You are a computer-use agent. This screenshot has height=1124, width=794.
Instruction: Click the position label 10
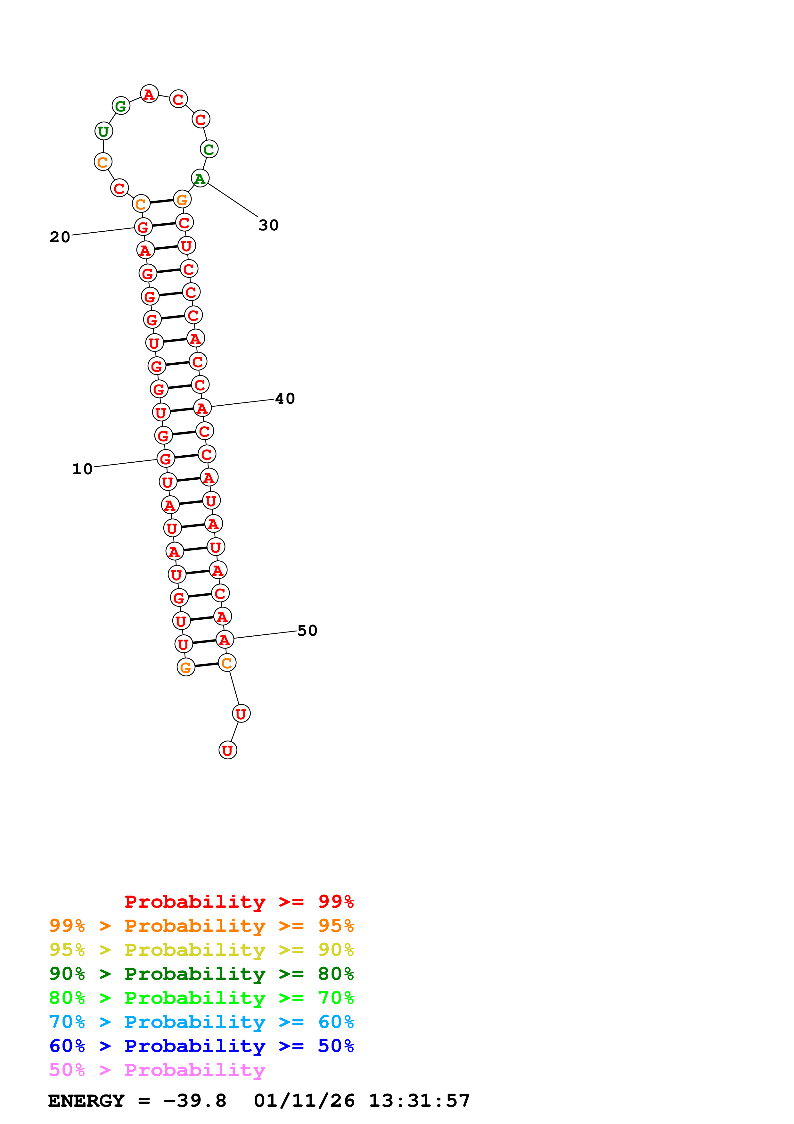tap(82, 469)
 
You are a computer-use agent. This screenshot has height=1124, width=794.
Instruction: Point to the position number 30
tap(269, 225)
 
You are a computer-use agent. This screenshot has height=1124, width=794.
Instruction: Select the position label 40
tap(285, 399)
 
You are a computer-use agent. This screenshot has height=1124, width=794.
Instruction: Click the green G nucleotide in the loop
tap(121, 106)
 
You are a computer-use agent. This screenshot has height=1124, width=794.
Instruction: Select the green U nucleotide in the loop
tap(103, 131)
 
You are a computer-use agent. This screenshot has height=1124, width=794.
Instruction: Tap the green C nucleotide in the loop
tap(209, 149)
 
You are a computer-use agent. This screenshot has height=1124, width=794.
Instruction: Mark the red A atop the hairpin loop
tap(149, 94)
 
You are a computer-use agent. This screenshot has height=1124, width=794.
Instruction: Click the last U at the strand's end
tap(227, 750)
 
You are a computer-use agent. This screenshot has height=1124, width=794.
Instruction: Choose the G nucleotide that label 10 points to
tap(165, 459)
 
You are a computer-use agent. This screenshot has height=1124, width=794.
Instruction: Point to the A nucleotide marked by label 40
tap(202, 408)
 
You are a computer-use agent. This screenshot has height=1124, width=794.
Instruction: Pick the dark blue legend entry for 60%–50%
tap(201, 1046)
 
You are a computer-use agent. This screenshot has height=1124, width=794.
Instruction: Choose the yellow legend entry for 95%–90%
tap(201, 950)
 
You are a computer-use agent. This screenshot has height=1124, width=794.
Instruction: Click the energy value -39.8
tap(195, 1101)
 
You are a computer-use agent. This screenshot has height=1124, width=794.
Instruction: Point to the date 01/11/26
tap(304, 1101)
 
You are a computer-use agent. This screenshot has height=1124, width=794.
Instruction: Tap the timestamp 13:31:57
tap(419, 1101)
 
